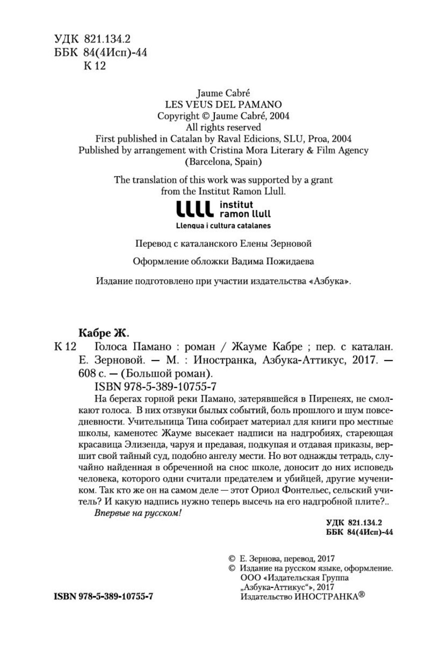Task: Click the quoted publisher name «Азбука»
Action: point(329,281)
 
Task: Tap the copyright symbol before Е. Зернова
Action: point(231,559)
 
